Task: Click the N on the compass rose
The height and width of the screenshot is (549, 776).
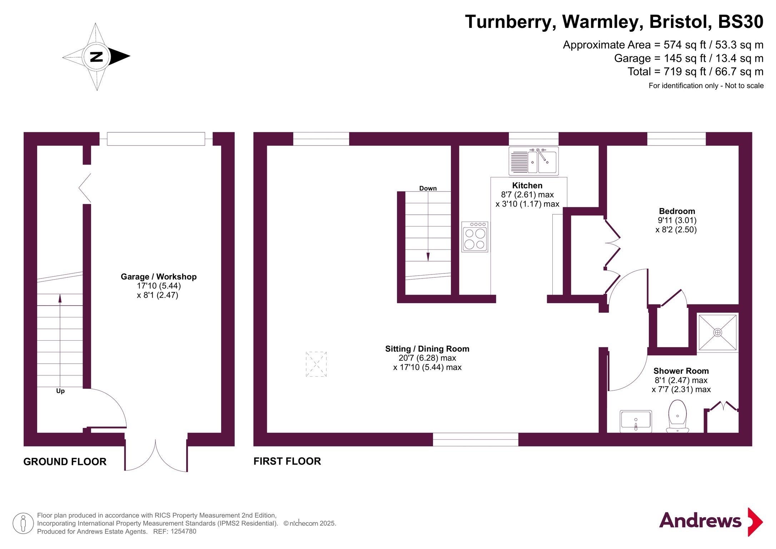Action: pos(96,57)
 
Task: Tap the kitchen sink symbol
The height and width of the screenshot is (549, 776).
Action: pos(533,161)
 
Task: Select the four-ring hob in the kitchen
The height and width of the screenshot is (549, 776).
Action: pos(475,237)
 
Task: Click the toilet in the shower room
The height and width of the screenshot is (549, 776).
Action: pos(677,416)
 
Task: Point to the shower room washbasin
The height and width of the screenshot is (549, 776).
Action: pos(636,421)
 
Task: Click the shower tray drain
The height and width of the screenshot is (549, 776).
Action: pos(717,333)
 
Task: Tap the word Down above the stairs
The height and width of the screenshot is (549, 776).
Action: pos(428,188)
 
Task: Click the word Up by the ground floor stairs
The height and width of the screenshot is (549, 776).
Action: pos(60,391)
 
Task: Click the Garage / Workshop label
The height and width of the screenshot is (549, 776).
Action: pos(159,277)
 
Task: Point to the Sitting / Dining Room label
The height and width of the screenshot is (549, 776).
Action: pos(427,349)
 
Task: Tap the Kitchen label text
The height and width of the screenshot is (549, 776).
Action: pos(527,186)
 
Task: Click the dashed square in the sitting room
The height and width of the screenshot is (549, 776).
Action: pos(316,364)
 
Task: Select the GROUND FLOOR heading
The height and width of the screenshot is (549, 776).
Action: pos(65,462)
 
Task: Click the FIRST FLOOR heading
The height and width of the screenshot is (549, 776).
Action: pos(287,461)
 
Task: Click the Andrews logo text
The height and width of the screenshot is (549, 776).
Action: pos(700,520)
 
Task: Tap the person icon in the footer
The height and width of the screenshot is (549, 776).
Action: pos(23,523)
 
